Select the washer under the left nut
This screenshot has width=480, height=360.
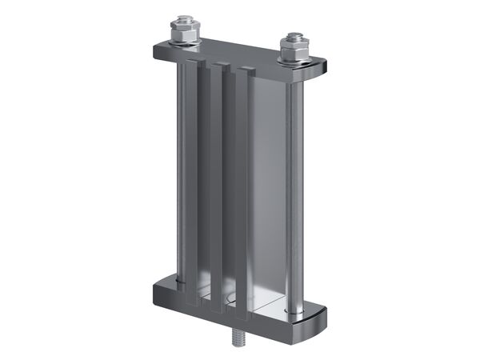[185, 43]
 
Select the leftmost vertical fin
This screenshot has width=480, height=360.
[193, 176]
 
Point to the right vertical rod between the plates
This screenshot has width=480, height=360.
[295, 192]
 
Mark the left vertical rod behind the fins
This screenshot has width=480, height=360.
[180, 168]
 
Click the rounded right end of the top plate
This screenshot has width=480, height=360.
[324, 68]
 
